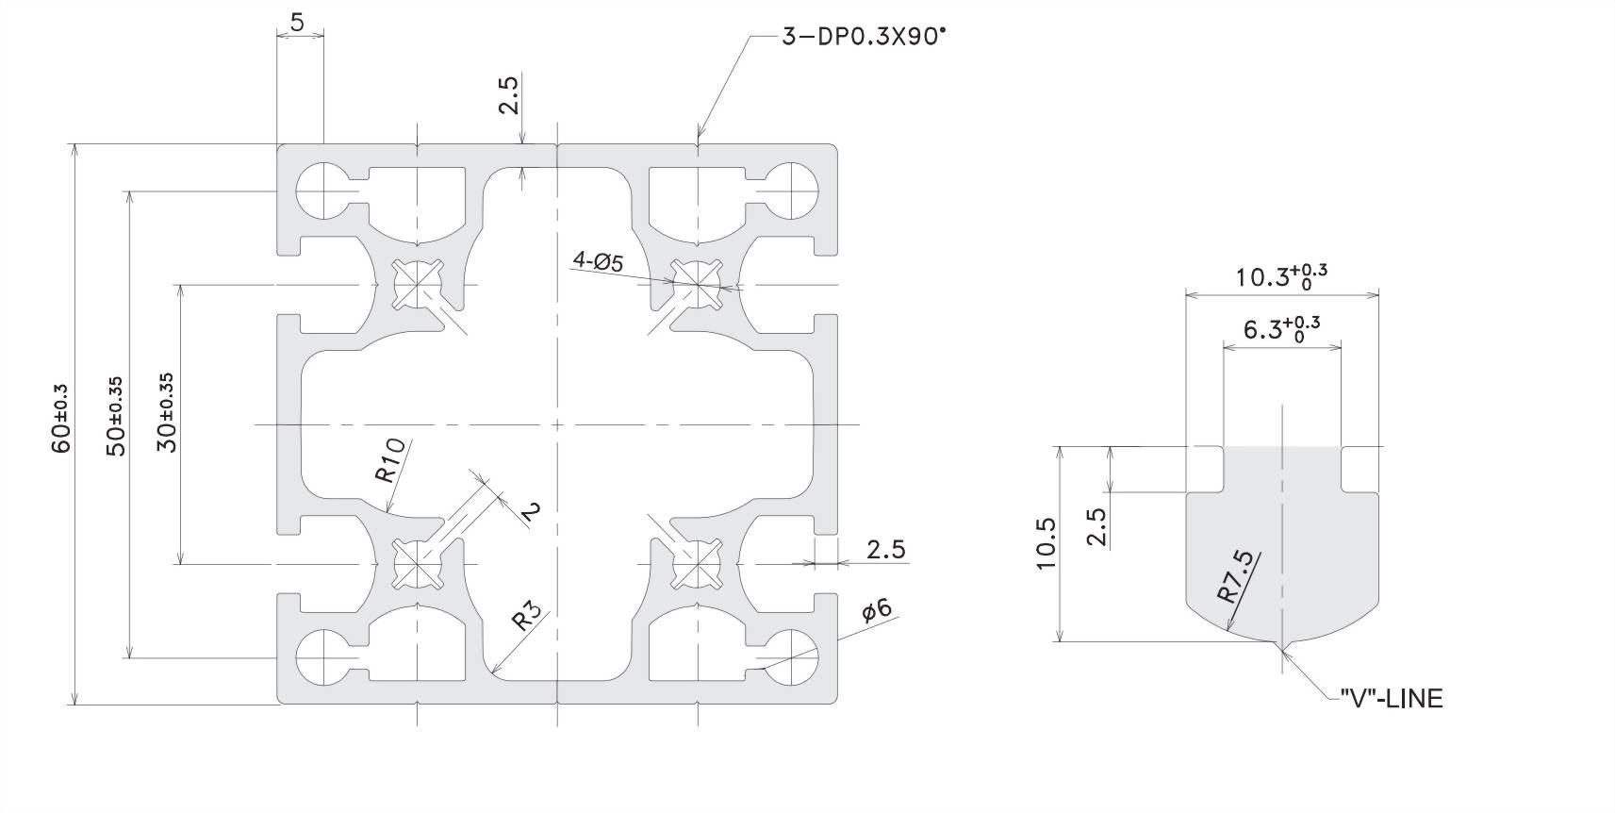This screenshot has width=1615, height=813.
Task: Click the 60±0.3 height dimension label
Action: click(x=61, y=418)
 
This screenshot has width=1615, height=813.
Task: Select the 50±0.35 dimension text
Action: click(x=115, y=417)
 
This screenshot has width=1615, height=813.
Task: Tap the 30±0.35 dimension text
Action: click(x=167, y=412)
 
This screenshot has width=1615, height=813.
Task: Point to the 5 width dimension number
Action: click(x=297, y=23)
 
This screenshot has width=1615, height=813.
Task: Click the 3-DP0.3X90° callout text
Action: click(x=862, y=37)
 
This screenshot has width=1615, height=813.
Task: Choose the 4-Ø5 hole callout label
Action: click(x=598, y=261)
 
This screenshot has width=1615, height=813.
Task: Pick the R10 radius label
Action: click(x=390, y=459)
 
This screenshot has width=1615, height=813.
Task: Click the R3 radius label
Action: click(x=527, y=618)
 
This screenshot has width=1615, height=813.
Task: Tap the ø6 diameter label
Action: click(x=877, y=609)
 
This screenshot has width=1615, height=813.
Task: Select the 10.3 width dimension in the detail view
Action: click(x=1280, y=276)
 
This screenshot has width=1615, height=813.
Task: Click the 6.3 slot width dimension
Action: click(x=1280, y=329)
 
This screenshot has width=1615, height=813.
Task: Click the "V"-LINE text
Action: click(x=1391, y=699)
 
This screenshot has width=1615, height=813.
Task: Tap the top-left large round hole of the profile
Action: click(x=322, y=191)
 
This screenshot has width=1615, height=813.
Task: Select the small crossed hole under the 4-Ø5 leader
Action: click(x=697, y=277)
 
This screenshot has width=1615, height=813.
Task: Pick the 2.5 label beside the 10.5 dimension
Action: click(x=1096, y=527)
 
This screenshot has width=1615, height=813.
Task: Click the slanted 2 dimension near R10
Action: click(x=531, y=511)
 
